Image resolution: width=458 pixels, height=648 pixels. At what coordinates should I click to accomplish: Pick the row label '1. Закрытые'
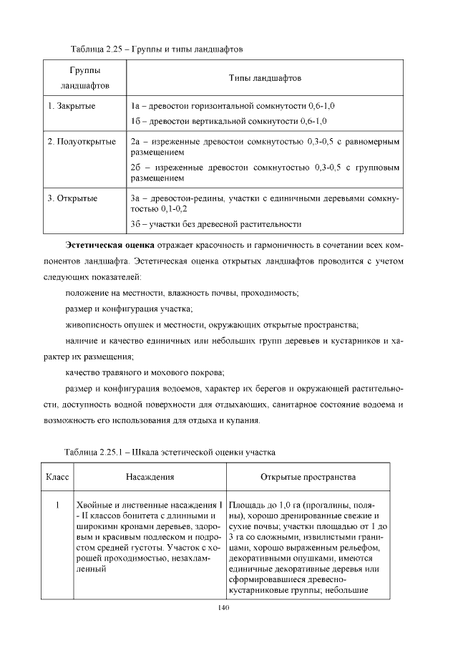click(72, 106)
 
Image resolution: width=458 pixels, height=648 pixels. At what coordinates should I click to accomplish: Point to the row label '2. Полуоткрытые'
click(82, 142)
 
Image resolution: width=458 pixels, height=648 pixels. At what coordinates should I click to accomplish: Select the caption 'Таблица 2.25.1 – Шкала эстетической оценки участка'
click(170, 453)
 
